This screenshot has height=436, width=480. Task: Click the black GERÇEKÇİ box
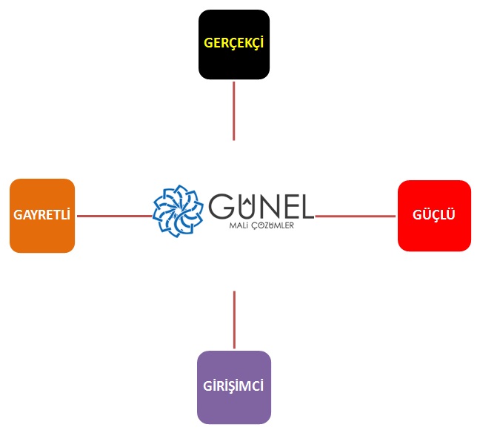[x=233, y=44]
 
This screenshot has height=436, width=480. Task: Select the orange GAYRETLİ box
[x=42, y=216]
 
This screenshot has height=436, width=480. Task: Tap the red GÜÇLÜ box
[x=434, y=216]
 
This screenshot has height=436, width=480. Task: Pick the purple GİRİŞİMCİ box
[x=233, y=387]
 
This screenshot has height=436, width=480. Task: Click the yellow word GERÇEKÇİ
[x=233, y=43]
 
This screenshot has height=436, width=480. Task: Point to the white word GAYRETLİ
[x=42, y=216]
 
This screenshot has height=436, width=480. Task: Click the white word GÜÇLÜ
[x=434, y=216]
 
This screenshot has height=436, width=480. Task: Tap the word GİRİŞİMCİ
[x=233, y=387]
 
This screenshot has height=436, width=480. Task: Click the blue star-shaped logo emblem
[x=179, y=212]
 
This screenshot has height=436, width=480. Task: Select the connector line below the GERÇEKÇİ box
[x=233, y=110]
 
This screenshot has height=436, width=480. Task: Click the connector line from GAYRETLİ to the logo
[x=114, y=216]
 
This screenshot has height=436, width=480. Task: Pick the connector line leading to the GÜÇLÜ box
[x=356, y=217]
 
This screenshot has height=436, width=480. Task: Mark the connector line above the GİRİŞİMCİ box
[x=234, y=320]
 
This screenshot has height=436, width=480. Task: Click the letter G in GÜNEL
[x=224, y=207]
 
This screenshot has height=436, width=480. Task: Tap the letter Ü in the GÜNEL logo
[x=249, y=207]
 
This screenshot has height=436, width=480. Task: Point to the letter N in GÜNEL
[x=272, y=207]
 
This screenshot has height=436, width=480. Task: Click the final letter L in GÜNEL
[x=308, y=207]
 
